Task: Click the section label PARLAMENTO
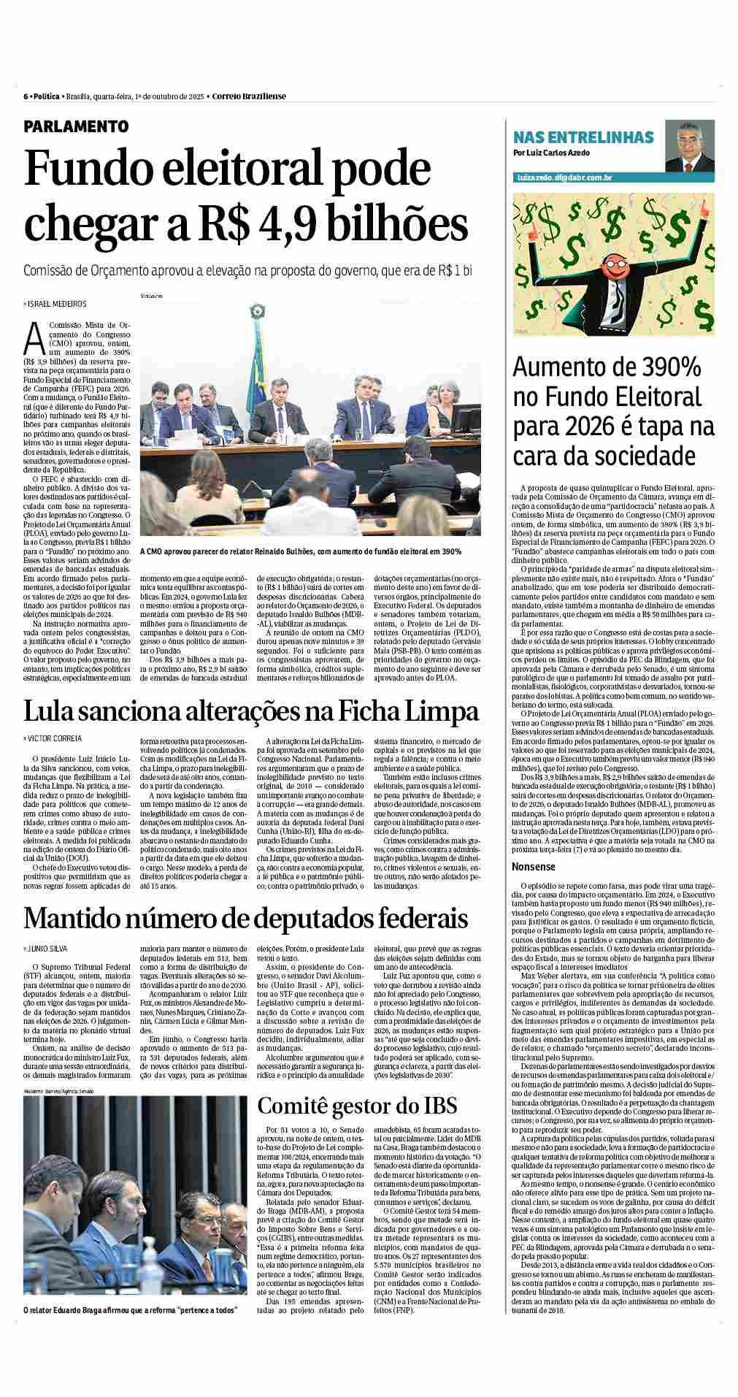pos(76,126)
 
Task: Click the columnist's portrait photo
pos(689,145)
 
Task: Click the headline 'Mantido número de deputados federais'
pos(245,917)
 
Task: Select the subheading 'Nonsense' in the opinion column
pos(534,867)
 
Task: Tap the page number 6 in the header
pos(26,96)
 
